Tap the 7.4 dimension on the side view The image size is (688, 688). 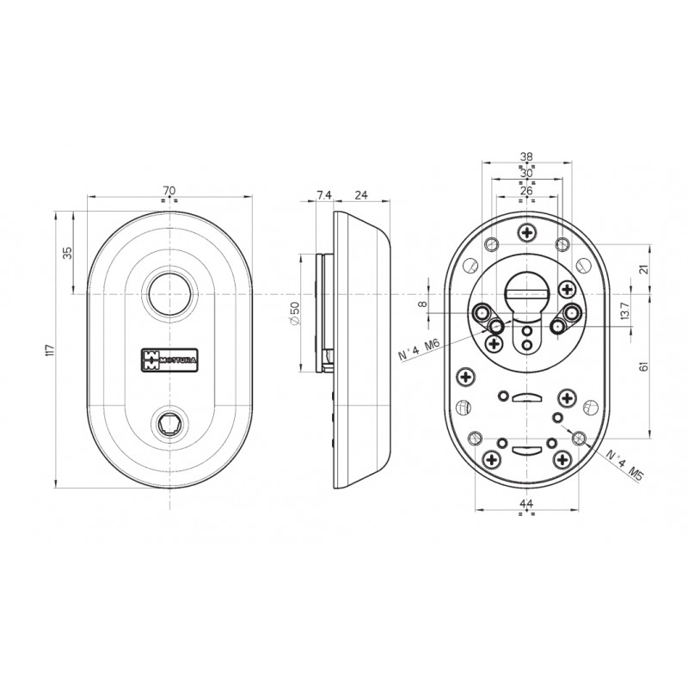[x=323, y=196]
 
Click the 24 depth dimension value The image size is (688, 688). [x=361, y=196]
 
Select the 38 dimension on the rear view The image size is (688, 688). [x=526, y=157]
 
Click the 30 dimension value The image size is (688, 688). [x=526, y=173]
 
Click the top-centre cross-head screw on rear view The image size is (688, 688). [x=526, y=232]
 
